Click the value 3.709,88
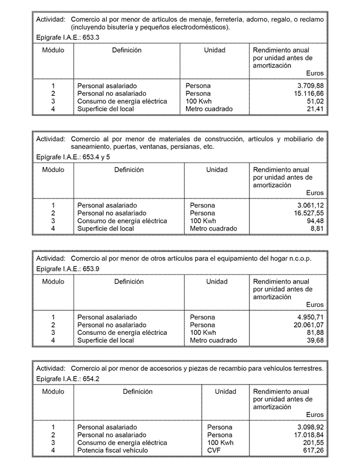point(306,86)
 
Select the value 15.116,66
point(305,94)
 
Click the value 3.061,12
point(306,205)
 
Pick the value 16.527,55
point(305,213)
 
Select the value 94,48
point(313,221)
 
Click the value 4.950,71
point(306,317)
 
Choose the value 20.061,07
point(305,325)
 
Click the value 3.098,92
point(306,427)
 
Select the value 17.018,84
point(305,435)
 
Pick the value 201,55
point(312,443)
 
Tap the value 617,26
point(312,451)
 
